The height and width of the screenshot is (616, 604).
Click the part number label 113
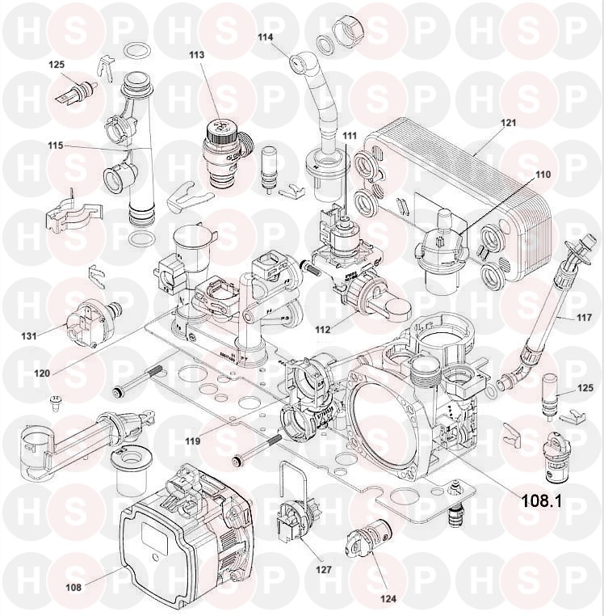tap(196, 54)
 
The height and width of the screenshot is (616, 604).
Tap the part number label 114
tap(266, 37)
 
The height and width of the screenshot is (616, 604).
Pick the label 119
tap(192, 442)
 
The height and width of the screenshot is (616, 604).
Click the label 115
tap(55, 146)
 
